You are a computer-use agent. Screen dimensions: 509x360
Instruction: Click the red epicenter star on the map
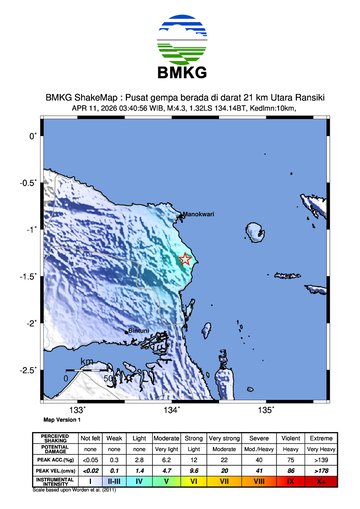click(185, 260)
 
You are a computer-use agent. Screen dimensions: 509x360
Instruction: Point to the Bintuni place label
click(137, 330)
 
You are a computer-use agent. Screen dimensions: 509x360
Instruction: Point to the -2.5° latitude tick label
click(32, 370)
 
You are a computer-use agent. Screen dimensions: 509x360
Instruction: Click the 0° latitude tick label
click(34, 135)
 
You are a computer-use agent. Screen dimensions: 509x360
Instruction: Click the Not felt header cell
click(91, 438)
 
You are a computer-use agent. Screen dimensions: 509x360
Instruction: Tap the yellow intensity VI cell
click(194, 481)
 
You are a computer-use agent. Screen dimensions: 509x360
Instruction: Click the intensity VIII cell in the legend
click(258, 481)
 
